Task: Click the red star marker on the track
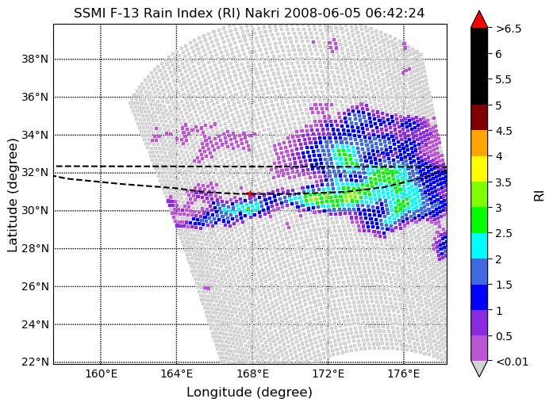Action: [250, 193]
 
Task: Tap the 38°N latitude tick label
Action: [35, 59]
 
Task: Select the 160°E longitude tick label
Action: [102, 373]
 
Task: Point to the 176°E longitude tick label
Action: [404, 373]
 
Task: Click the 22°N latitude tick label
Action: [35, 362]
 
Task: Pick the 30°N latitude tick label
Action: [35, 210]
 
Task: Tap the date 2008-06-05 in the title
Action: [322, 13]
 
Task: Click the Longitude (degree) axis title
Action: [249, 393]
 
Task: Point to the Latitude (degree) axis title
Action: [13, 195]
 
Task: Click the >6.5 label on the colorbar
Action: [509, 29]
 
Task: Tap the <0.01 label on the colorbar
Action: [512, 362]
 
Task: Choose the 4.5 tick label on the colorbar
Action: [504, 131]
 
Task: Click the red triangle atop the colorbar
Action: [479, 20]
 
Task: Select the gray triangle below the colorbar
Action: [479, 368]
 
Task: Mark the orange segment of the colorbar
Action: [479, 143]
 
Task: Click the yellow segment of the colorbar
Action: [479, 169]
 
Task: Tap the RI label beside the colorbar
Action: [540, 196]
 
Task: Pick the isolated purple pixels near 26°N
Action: [206, 288]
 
